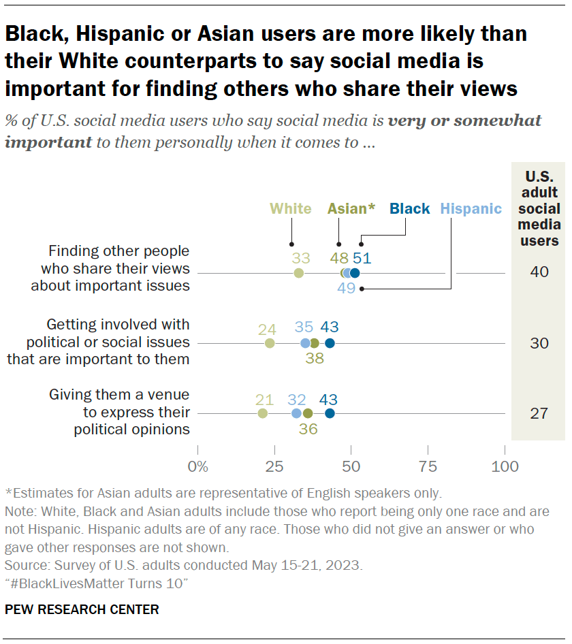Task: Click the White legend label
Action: click(291, 209)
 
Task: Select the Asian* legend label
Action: click(351, 209)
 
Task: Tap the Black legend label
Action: click(410, 209)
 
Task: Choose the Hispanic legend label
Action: click(471, 209)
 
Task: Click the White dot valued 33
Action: click(298, 273)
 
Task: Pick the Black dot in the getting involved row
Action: click(330, 343)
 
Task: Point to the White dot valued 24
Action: click(270, 343)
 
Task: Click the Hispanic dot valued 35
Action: click(305, 343)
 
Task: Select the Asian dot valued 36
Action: click(308, 413)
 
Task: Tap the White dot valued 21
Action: click(263, 413)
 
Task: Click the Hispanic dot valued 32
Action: click(296, 413)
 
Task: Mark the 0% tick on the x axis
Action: click(197, 467)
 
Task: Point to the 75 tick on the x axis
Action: click(428, 467)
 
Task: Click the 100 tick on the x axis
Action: click(505, 467)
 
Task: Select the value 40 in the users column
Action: click(539, 273)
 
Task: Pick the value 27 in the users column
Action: click(539, 413)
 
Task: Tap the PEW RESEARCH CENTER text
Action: click(82, 610)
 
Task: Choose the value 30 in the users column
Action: click(539, 343)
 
